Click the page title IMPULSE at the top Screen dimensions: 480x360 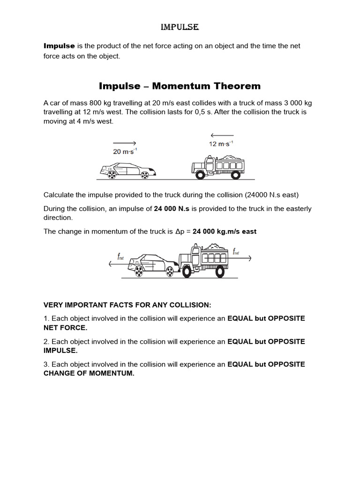tap(180, 28)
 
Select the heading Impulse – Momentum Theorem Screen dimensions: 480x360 tap(180, 86)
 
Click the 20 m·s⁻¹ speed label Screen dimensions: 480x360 tap(125, 151)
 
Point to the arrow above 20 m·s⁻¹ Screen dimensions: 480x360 tap(124, 142)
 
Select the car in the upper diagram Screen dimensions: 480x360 tap(128, 169)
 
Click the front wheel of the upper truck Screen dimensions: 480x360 tap(201, 174)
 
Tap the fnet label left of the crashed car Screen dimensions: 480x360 tap(121, 256)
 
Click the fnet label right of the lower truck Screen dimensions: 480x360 tap(236, 252)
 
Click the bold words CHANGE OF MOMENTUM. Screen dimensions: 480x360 tap(89, 374)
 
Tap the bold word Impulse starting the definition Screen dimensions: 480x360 tap(59, 46)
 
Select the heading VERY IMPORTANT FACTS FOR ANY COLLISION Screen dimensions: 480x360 tap(127, 305)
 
